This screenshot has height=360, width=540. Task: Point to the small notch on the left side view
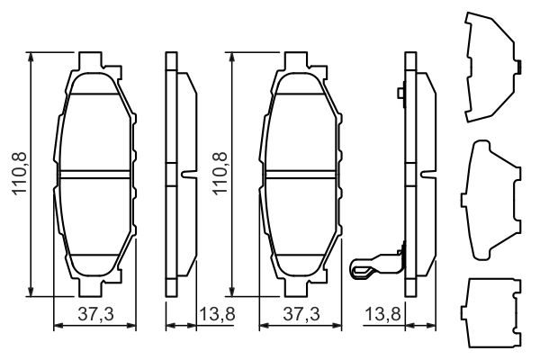(186, 174)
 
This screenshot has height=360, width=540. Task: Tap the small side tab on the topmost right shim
(519, 66)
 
